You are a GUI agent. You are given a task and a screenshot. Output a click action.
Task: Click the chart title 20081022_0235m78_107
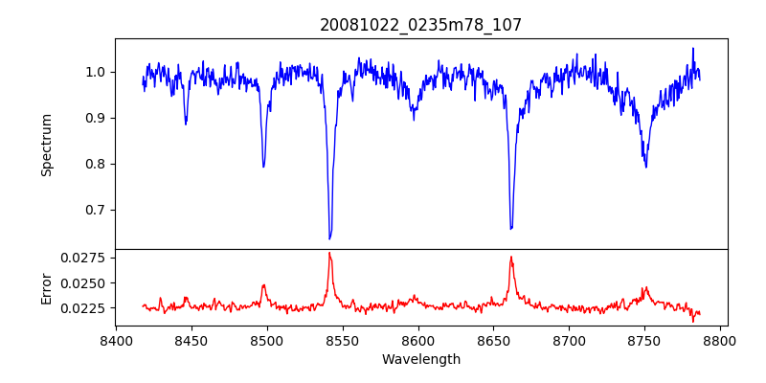pos(420,25)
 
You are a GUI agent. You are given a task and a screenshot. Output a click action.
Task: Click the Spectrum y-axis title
pos(46,145)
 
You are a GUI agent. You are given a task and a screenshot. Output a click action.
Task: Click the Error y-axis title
pos(46,287)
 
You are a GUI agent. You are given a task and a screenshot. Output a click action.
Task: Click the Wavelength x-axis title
pos(420,360)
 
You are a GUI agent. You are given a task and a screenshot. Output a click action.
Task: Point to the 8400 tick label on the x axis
pos(115,340)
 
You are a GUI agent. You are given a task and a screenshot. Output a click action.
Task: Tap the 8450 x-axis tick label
pos(191,340)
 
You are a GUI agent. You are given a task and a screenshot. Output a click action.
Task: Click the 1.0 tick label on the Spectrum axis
pos(95,72)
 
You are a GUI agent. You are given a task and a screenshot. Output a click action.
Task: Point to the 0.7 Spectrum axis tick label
pos(95,210)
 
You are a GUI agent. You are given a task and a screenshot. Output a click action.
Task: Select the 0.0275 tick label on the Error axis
pos(84,258)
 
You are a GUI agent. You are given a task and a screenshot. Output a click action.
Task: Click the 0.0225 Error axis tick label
pos(84,308)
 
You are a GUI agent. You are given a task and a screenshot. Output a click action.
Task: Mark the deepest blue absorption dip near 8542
pos(329,238)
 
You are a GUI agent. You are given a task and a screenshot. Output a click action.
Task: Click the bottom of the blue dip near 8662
pos(511,229)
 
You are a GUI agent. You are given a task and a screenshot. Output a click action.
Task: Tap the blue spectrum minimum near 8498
pos(263,167)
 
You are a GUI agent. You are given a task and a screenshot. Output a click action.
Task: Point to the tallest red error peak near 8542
pos(329,253)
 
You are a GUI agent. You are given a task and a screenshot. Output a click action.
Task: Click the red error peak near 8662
pos(511,257)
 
